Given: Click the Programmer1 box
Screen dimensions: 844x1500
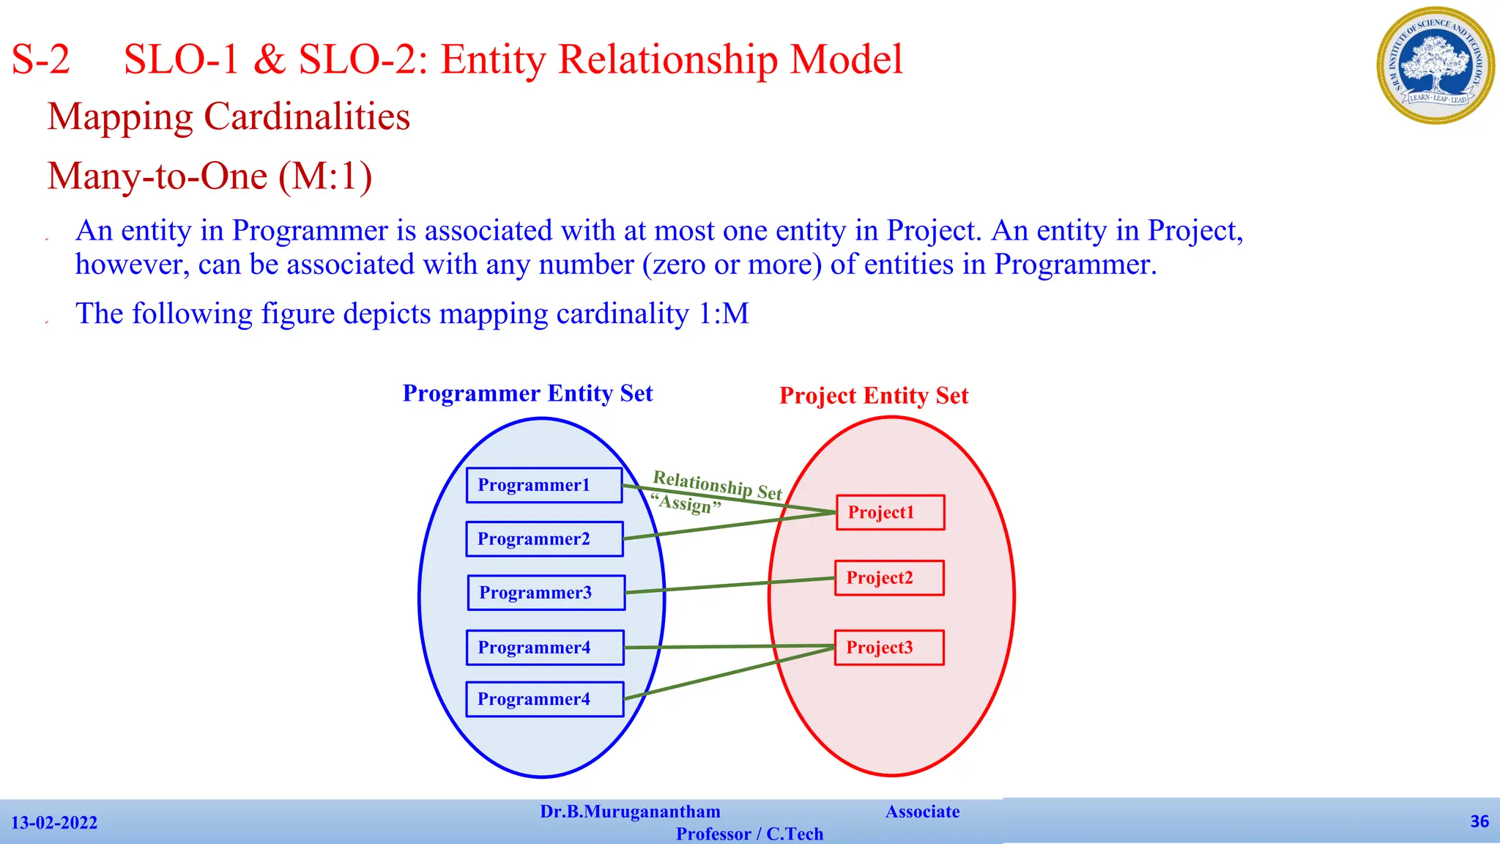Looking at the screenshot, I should pyautogui.click(x=544, y=485).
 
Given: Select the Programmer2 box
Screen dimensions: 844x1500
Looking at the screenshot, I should pyautogui.click(x=544, y=539).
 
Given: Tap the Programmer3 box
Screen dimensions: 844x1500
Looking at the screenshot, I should pyautogui.click(x=546, y=593).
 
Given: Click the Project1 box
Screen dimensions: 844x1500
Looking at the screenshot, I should pyautogui.click(x=890, y=512).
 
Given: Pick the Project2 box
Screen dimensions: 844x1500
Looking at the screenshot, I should pyautogui.click(x=889, y=577).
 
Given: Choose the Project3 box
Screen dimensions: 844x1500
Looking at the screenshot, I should pyautogui.click(x=889, y=648).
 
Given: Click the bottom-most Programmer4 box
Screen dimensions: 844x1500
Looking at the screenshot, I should pyautogui.click(x=544, y=699).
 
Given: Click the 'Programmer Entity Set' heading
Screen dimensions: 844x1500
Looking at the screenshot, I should pyautogui.click(x=527, y=393).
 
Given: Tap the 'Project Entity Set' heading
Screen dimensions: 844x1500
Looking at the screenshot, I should pyautogui.click(x=874, y=396).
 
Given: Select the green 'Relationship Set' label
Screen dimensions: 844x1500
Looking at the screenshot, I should pyautogui.click(x=717, y=484).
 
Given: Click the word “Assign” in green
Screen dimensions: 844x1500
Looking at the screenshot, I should pyautogui.click(x=686, y=504).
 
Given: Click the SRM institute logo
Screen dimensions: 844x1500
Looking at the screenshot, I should pyautogui.click(x=1436, y=65).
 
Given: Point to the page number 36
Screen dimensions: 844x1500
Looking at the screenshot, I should pyautogui.click(x=1479, y=821).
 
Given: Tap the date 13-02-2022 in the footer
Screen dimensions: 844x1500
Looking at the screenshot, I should pyautogui.click(x=54, y=823).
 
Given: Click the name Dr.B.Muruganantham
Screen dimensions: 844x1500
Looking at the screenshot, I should pyautogui.click(x=630, y=812).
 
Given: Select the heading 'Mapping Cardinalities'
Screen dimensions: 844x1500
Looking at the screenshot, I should pyautogui.click(x=229, y=116).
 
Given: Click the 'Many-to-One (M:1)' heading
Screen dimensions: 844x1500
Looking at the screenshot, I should pyautogui.click(x=210, y=176).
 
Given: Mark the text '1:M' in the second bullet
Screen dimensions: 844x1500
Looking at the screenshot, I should pyautogui.click(x=723, y=314).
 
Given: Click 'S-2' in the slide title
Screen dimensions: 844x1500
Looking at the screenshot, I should pyautogui.click(x=41, y=59).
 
